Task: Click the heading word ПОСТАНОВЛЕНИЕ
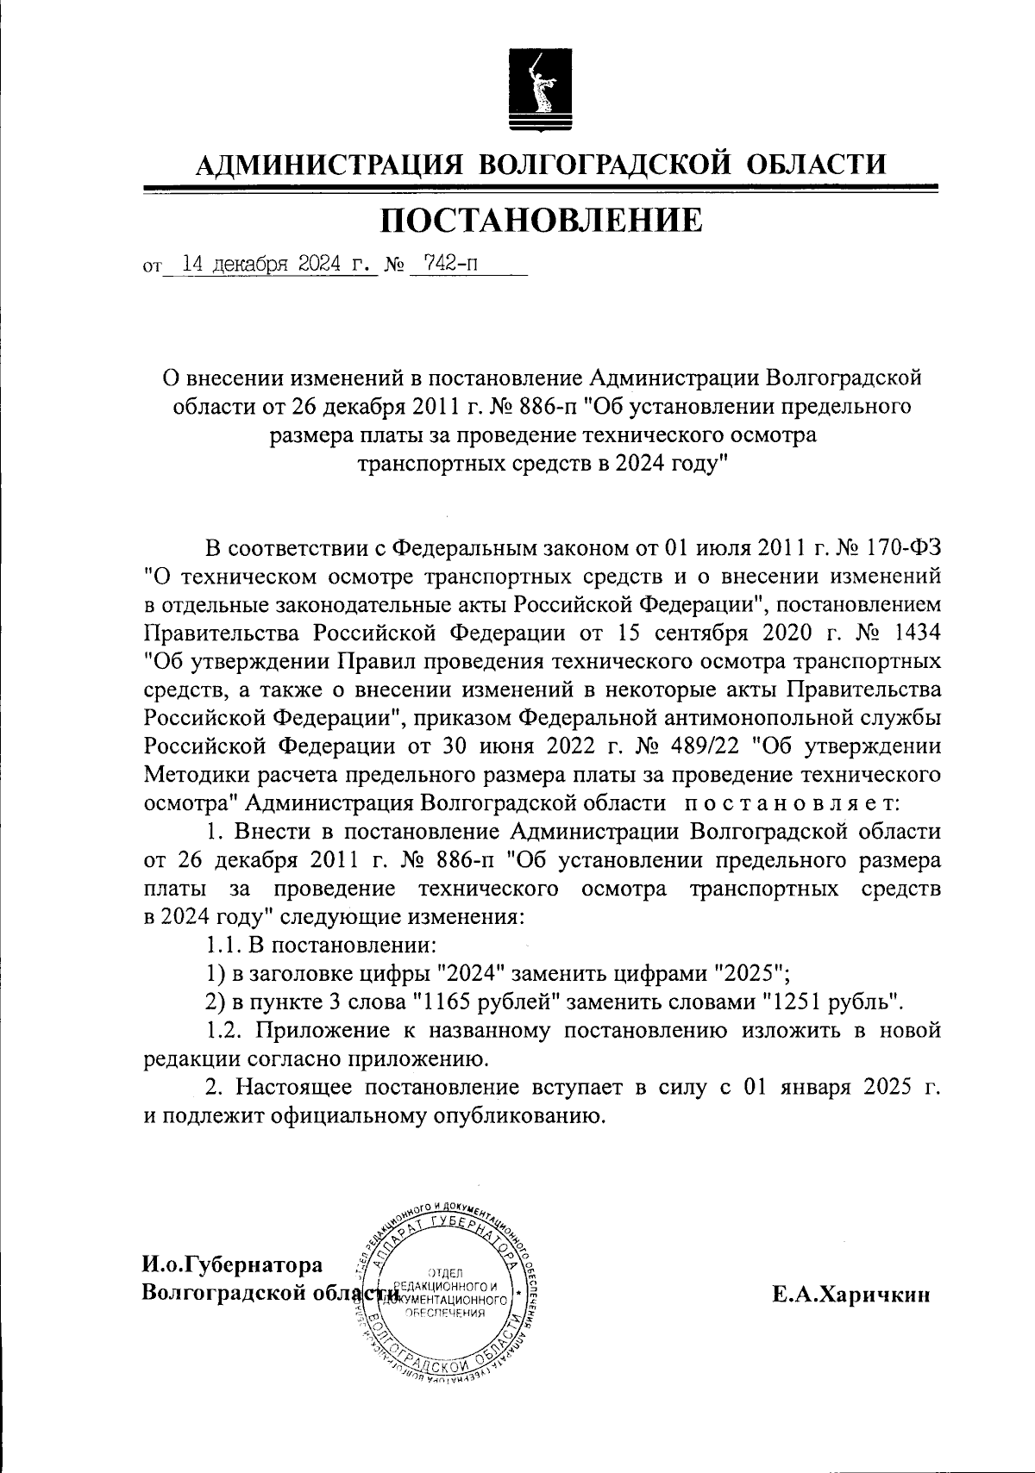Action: [x=542, y=221]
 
